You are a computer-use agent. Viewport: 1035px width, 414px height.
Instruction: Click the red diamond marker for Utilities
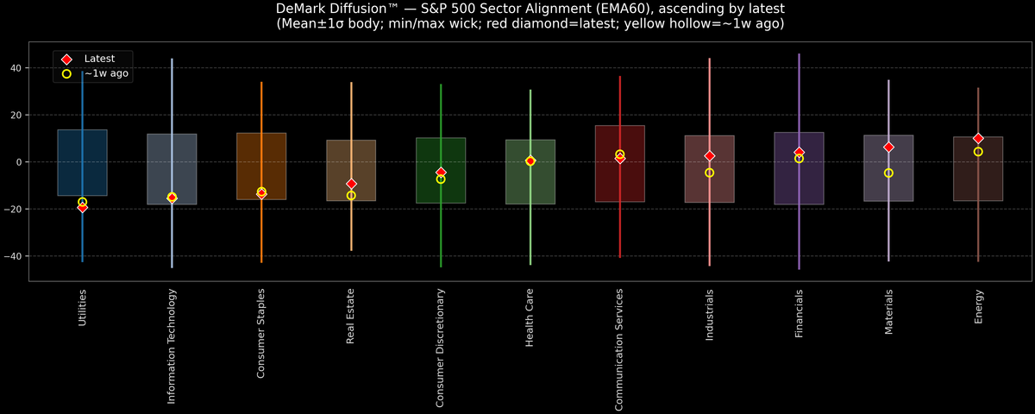[x=82, y=207]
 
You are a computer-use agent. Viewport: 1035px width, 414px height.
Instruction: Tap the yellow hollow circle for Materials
[x=888, y=173]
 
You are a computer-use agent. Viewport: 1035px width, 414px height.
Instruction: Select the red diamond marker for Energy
[x=978, y=138]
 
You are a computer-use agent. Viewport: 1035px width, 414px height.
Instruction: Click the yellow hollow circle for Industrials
[x=709, y=172]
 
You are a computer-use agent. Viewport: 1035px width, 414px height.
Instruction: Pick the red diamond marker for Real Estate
[x=351, y=184]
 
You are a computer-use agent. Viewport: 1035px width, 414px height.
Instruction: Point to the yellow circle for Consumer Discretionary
[x=441, y=179]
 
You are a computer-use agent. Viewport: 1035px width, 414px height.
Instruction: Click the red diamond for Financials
[x=799, y=152]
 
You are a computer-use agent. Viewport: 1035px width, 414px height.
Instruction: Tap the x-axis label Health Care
[x=530, y=318]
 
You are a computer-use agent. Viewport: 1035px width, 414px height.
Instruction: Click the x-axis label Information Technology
[x=172, y=346]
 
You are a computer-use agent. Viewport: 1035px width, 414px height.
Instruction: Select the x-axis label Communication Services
[x=619, y=349]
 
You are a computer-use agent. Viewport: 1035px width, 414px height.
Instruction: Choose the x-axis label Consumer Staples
[x=261, y=333]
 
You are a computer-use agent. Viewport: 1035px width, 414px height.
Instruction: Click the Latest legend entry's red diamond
[x=66, y=59]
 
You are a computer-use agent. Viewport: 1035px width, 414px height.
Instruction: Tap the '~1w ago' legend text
[x=106, y=74]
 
